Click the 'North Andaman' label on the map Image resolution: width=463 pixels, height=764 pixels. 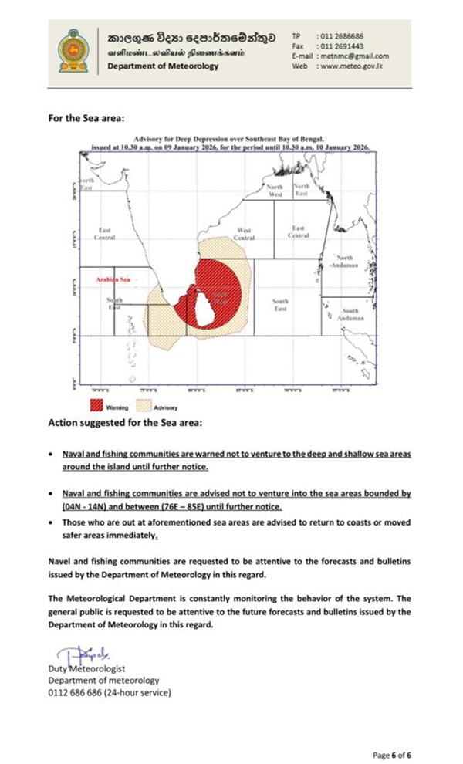pos(344,261)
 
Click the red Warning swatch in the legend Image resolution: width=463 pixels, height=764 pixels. pos(96,406)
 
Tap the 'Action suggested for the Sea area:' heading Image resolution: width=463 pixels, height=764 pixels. pos(124,423)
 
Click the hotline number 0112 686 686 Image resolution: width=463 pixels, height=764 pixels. pos(79,691)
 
